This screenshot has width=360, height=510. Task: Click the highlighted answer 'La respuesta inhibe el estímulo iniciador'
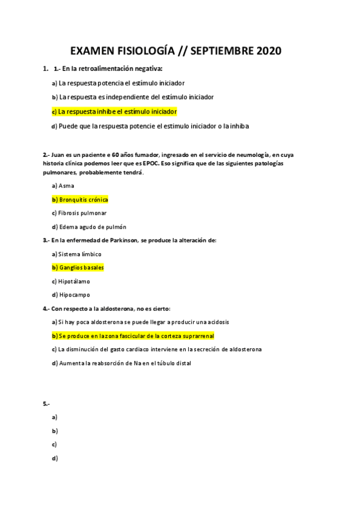[117, 111]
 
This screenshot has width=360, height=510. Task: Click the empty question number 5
[46, 402]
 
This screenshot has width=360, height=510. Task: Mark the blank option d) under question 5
[55, 458]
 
